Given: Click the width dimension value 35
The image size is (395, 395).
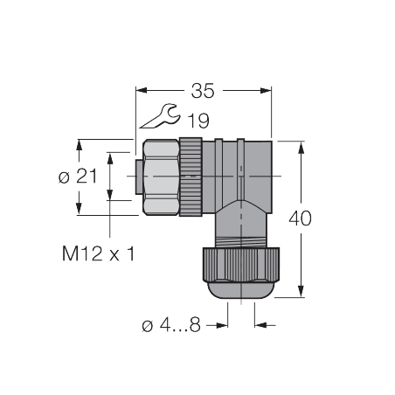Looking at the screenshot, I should (204, 89).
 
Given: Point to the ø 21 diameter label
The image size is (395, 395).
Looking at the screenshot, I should (78, 176).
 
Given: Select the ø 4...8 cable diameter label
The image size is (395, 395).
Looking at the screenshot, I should (171, 325).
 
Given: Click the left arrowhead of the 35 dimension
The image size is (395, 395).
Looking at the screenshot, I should (142, 89).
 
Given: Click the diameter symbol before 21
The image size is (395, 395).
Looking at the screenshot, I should (63, 176).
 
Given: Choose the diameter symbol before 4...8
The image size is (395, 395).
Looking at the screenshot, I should (147, 325).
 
